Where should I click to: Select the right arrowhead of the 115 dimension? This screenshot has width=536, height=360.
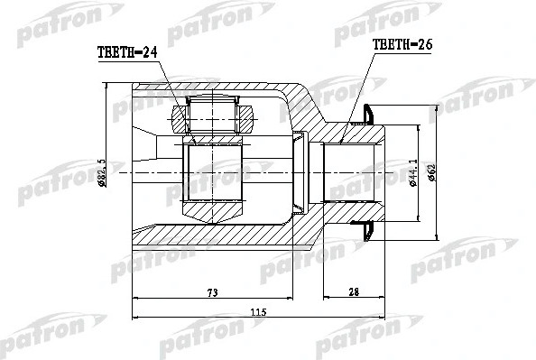(x=384, y=318)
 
